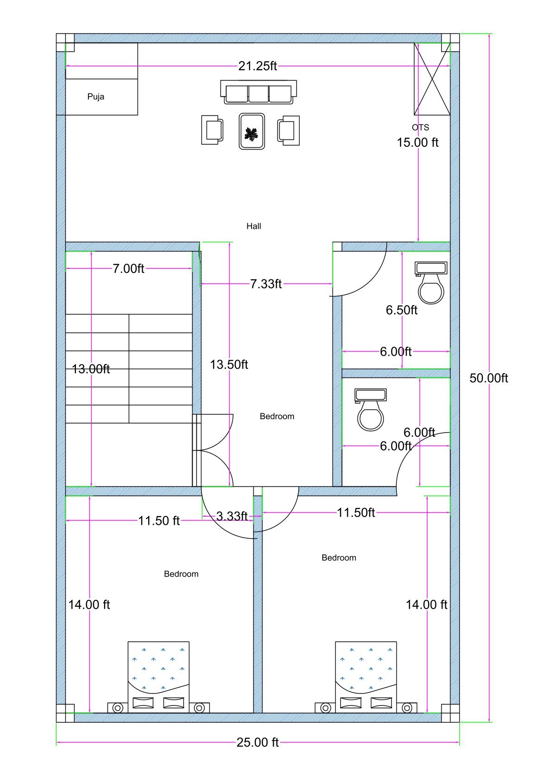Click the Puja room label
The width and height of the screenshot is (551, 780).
(96, 97)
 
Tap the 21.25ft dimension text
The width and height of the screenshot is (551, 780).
(257, 66)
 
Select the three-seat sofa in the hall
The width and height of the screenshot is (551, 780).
(258, 92)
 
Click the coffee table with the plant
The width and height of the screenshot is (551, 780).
(252, 132)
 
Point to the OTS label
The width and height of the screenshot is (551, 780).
(420, 127)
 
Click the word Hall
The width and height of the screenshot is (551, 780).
(254, 226)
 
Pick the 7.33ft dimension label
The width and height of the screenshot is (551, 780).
(266, 284)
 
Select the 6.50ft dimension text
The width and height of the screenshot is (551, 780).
(401, 310)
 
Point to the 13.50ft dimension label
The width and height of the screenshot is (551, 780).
(229, 365)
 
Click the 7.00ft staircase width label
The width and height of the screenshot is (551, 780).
(128, 269)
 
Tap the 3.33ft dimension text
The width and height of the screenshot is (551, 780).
(232, 516)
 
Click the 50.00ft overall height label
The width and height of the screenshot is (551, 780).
(488, 378)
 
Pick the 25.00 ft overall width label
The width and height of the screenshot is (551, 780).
(257, 742)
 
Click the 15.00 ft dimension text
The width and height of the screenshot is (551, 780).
(417, 143)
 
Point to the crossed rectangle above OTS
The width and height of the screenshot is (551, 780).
(432, 79)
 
